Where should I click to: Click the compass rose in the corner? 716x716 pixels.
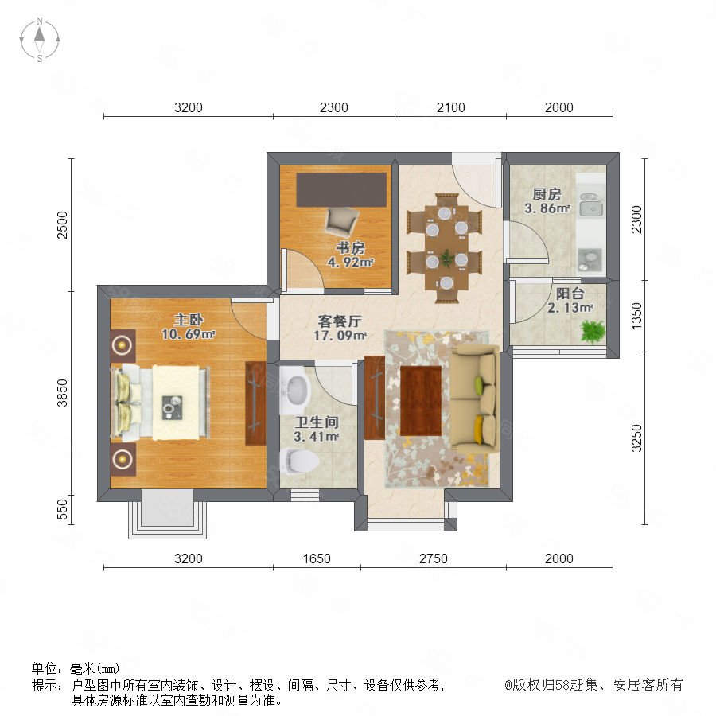[40, 40]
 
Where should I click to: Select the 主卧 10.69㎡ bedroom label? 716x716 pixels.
[188, 327]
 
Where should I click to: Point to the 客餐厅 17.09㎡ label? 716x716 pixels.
[340, 329]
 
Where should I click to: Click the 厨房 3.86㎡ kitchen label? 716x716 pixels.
[547, 201]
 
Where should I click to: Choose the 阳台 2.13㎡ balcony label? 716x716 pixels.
[570, 301]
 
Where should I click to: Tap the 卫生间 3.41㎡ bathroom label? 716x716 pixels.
[317, 430]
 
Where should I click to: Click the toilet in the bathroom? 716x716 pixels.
[299, 461]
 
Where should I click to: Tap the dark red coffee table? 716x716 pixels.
[421, 400]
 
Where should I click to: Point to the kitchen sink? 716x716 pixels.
[590, 204]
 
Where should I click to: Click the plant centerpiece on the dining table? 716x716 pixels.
[446, 259]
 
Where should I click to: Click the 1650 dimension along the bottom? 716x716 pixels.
[317, 558]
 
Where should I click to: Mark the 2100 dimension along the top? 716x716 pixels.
[451, 107]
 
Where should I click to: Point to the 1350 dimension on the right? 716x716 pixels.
[636, 316]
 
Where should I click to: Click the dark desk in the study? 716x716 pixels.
[341, 189]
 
